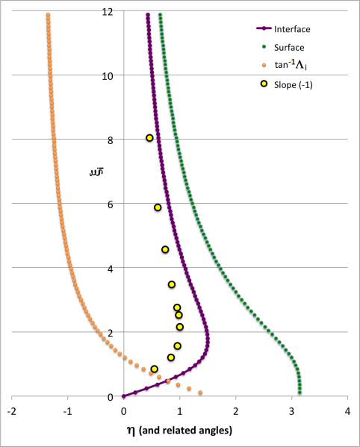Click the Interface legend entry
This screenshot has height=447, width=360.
(291, 29)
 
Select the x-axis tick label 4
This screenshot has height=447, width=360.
(348, 410)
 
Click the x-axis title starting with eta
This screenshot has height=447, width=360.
(179, 430)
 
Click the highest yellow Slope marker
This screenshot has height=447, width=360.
(149, 138)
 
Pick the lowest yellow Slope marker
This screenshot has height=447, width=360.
(155, 369)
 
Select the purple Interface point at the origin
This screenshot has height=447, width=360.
(124, 396)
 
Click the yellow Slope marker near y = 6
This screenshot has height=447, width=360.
(158, 207)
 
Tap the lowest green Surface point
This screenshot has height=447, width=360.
(300, 392)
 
